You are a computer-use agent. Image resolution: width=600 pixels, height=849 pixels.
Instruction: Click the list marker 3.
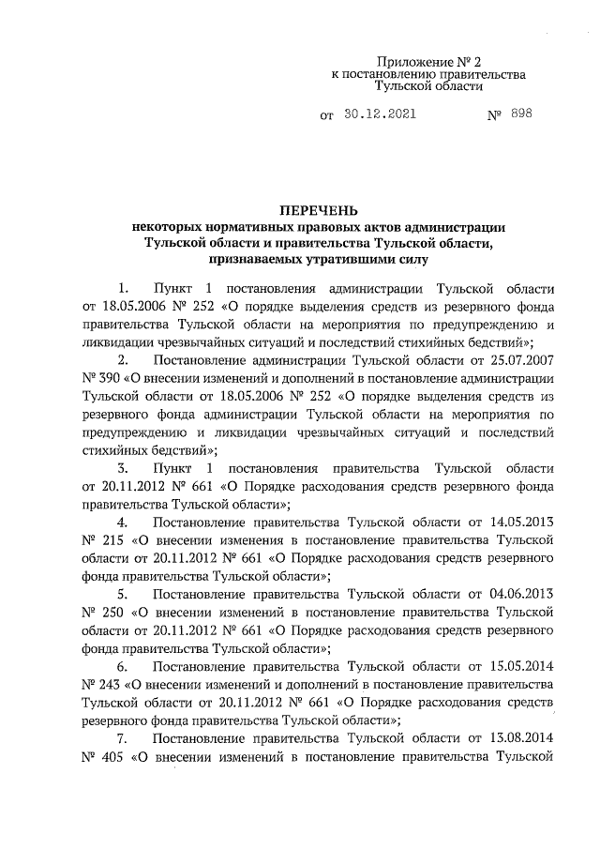coord(123,468)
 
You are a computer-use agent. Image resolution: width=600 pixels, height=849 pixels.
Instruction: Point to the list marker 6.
coord(123,666)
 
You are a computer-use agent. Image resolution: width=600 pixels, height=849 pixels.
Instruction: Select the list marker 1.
coord(123,287)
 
